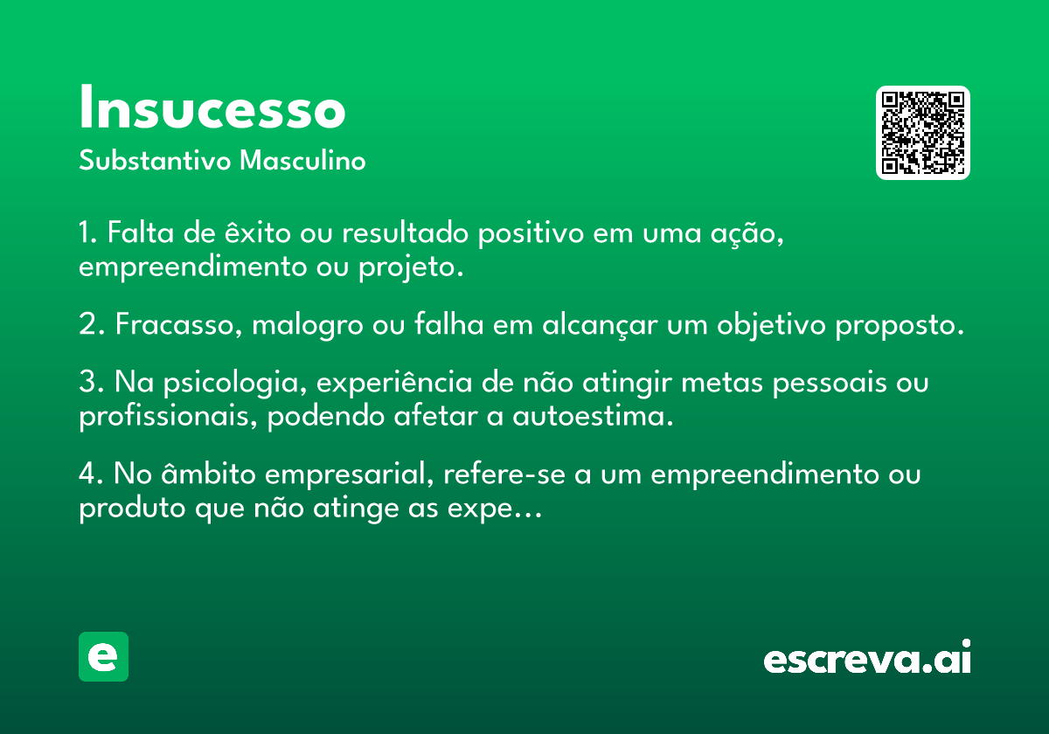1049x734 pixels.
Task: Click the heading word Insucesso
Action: pos(212,107)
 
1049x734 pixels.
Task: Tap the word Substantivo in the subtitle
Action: pos(155,161)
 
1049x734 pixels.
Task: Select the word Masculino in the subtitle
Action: pos(302,161)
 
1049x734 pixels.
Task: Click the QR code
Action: pos(922,133)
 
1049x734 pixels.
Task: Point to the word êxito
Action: pos(258,232)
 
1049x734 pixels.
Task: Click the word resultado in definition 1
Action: pos(405,232)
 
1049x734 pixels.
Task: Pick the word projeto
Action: pos(406,267)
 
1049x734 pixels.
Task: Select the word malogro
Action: pos(308,325)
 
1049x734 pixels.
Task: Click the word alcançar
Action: pos(600,324)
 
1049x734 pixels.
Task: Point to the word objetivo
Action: pos(771,324)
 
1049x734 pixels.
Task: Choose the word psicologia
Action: pos(231,383)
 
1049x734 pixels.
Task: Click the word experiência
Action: pos(394,383)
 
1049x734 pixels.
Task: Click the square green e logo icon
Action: pos(103,656)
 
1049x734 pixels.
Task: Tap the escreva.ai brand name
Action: pos(867,657)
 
